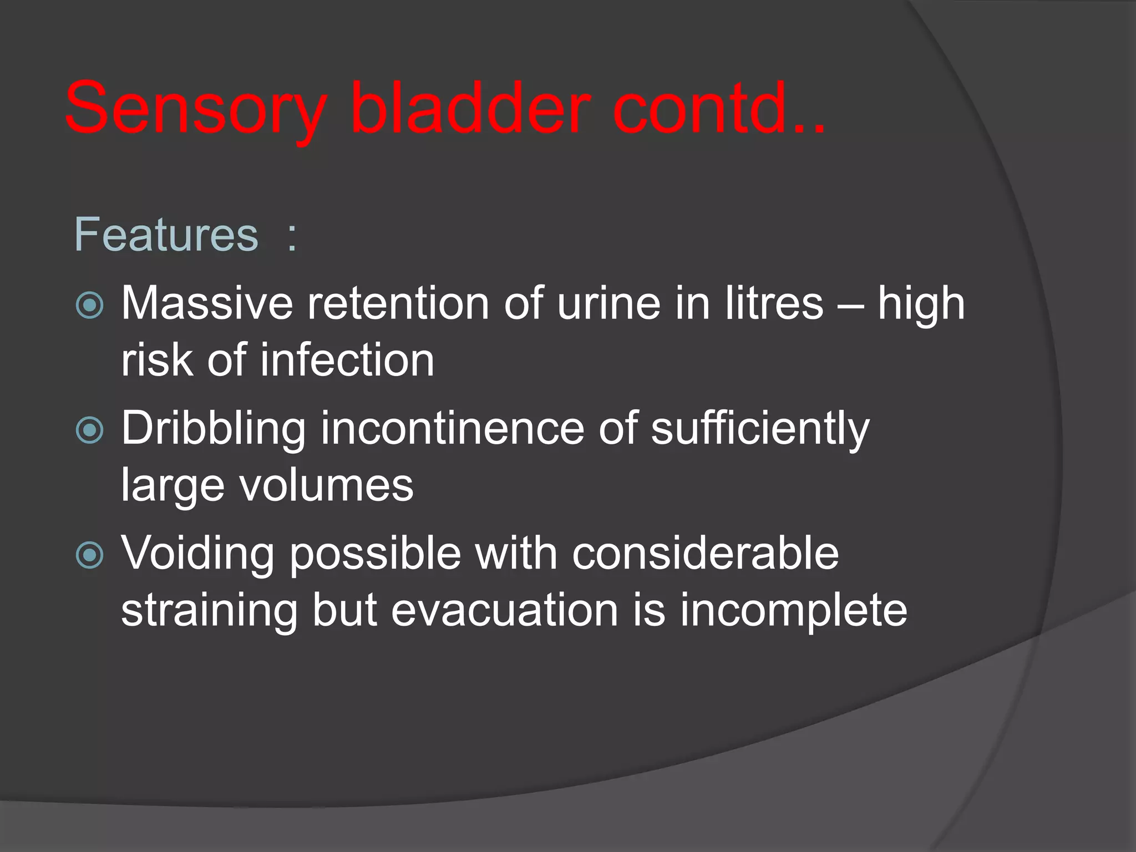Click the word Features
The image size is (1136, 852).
coord(166,235)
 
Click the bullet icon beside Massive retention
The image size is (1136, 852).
coord(89,305)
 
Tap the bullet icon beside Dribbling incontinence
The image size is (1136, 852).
coord(89,430)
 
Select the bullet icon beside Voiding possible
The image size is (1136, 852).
coord(89,555)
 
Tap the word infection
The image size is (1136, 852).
coord(347,361)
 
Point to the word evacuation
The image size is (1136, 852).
coord(505,610)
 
